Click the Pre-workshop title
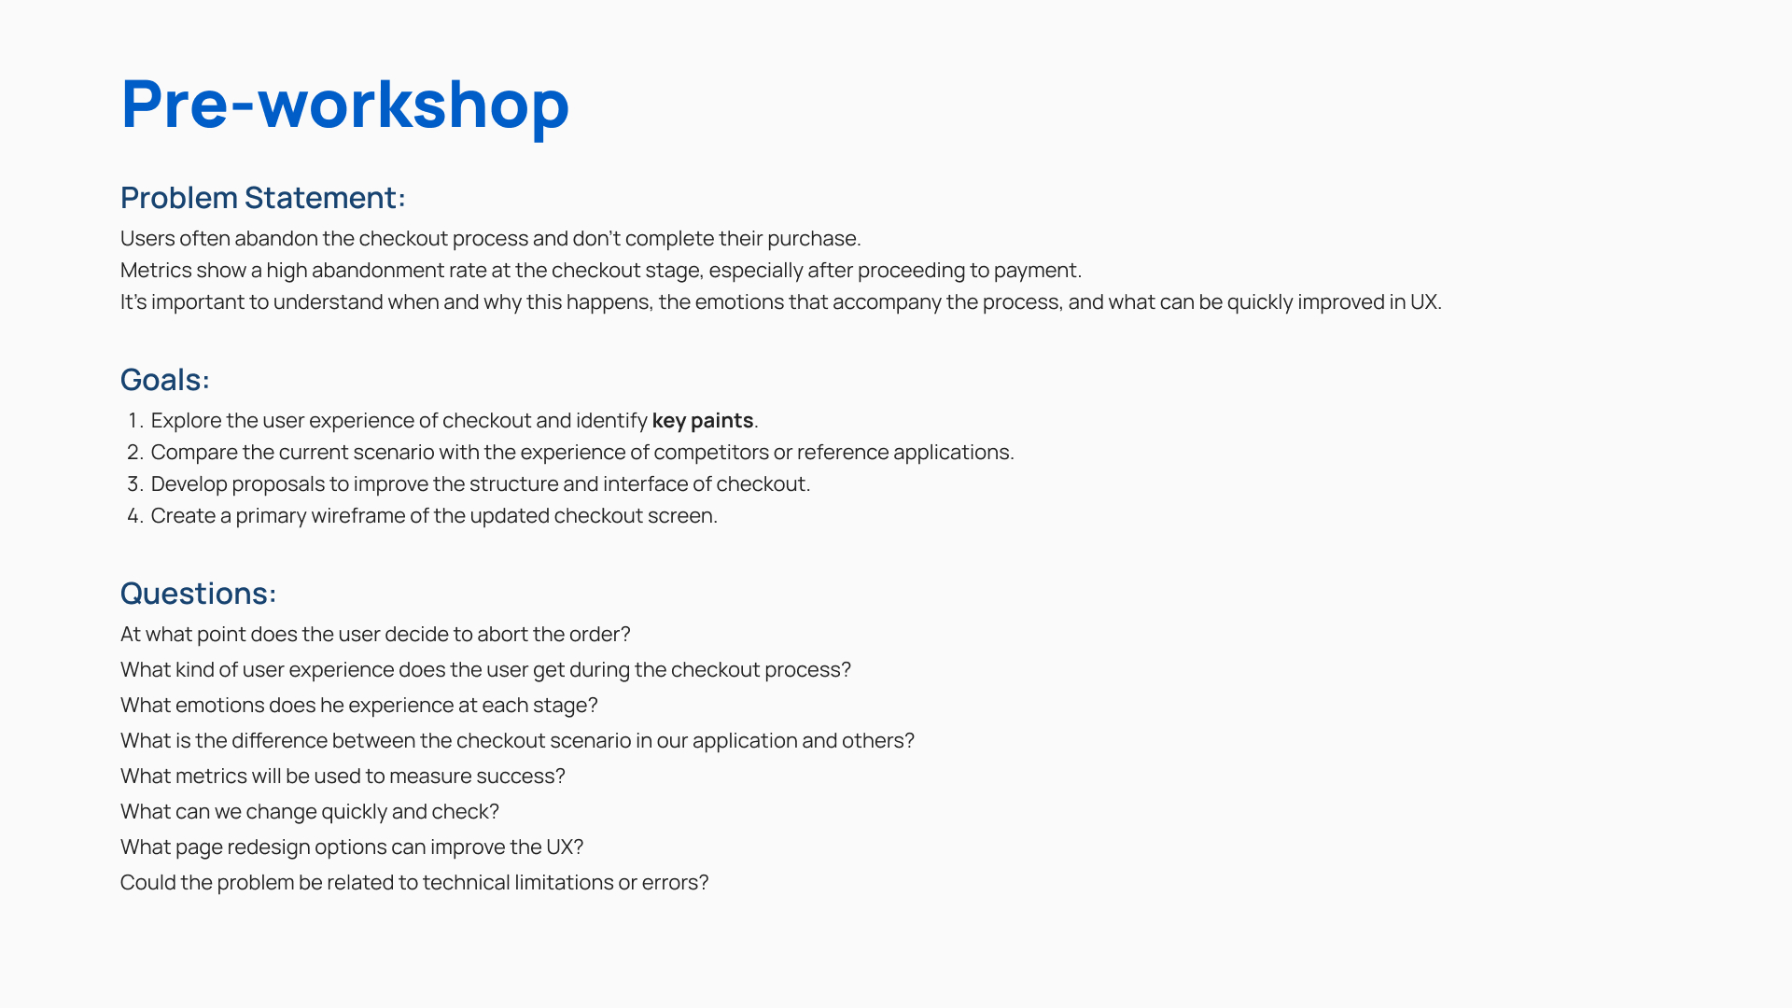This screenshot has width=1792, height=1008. point(344,105)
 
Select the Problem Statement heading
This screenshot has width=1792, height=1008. point(263,198)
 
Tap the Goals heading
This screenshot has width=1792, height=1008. point(165,380)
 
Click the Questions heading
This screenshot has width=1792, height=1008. point(199,594)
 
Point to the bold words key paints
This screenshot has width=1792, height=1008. point(703,421)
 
